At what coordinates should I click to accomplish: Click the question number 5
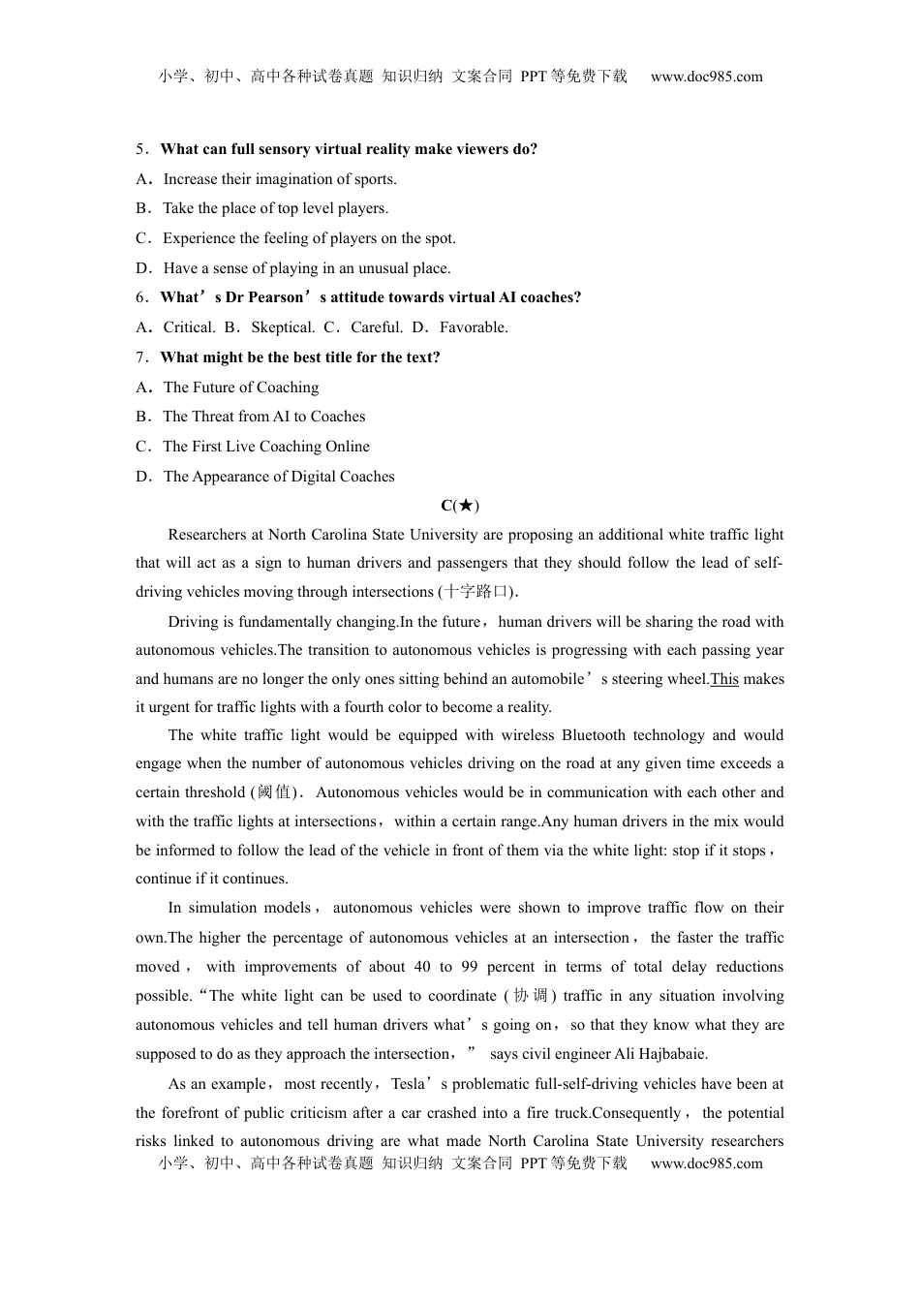pyautogui.click(x=140, y=149)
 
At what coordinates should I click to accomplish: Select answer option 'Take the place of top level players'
pyautogui.click(x=275, y=208)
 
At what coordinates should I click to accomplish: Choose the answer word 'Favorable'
pyautogui.click(x=474, y=327)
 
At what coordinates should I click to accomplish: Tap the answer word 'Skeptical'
pyautogui.click(x=283, y=327)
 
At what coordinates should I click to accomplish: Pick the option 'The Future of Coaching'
pyautogui.click(x=241, y=387)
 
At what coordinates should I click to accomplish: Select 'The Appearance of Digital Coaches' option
pyautogui.click(x=279, y=477)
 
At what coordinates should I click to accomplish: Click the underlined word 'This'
pyautogui.click(x=724, y=679)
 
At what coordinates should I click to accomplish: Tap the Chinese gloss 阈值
pyautogui.click(x=275, y=792)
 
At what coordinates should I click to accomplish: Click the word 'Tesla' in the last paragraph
pyautogui.click(x=408, y=1084)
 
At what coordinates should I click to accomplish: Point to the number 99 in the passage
pyautogui.click(x=470, y=967)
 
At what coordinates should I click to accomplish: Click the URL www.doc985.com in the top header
pyautogui.click(x=706, y=77)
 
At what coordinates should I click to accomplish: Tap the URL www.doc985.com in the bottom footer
pyautogui.click(x=706, y=1163)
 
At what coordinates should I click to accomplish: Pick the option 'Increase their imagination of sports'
pyautogui.click(x=280, y=179)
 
